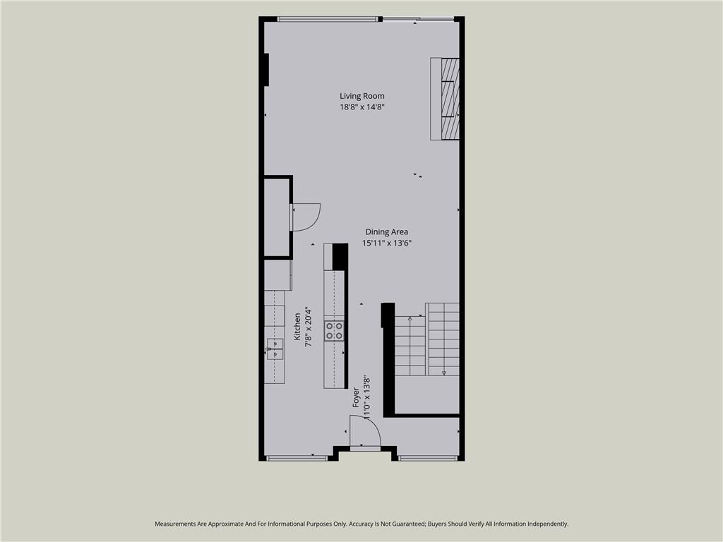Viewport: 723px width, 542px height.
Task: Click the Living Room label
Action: coord(362,96)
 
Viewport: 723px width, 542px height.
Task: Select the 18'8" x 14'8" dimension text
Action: coord(362,107)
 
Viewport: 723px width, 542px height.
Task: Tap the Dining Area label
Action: coord(386,231)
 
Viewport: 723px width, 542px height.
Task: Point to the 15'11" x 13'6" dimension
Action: coord(386,243)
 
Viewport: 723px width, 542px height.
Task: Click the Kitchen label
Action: coord(297,327)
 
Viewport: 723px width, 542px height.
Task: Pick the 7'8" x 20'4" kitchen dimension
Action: coord(308,327)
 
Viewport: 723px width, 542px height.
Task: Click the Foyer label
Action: coord(356,397)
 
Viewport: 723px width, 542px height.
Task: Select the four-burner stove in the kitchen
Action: coord(334,330)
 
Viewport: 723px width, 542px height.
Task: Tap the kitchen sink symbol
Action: coord(275,349)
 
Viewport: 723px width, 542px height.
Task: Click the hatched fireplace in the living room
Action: coord(450,99)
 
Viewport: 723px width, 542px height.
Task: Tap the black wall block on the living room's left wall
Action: coord(266,70)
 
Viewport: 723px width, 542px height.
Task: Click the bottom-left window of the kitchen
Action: coord(297,458)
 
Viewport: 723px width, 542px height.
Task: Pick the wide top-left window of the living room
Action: coord(328,19)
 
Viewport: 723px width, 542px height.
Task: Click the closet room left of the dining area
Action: coord(277,217)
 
